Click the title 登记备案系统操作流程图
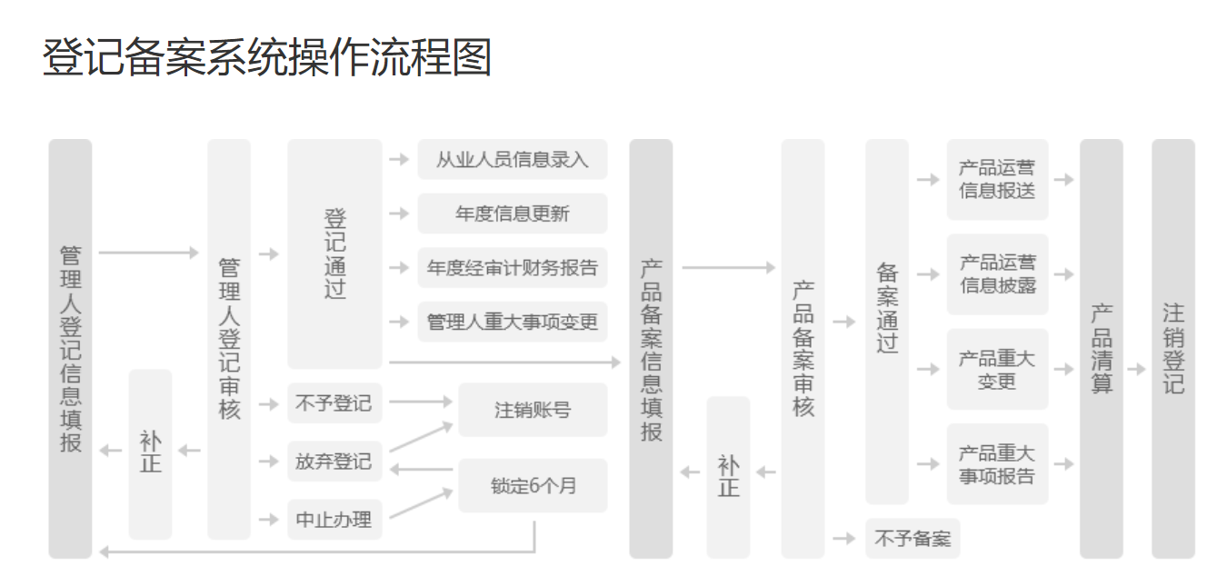pos(266,57)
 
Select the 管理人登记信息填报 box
pos(70,349)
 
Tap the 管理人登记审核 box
pos(229,339)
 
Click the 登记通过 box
pos(334,253)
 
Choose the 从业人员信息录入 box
pos(512,160)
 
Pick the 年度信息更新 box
pos(512,214)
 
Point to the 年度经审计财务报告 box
pos(512,268)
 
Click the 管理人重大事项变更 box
pos(512,322)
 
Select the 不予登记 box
pos(334,402)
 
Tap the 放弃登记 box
pos(334,461)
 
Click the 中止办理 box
pos(334,520)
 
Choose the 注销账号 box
pos(533,410)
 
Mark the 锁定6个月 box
pos(533,485)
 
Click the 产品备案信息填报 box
pos(651,349)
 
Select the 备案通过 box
pos(886,322)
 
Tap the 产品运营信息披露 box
pos(997,273)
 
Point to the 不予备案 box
pos(912,539)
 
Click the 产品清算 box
pos(1101,349)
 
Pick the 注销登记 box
pos(1172,349)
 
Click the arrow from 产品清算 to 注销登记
pos(1136,370)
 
